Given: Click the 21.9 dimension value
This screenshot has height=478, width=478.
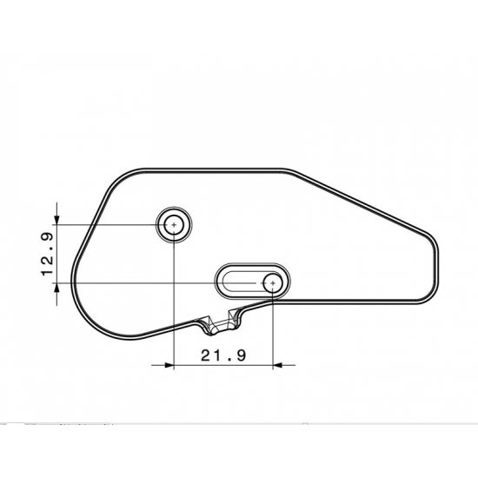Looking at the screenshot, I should point(223,355).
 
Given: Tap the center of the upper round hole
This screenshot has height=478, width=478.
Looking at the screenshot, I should point(173,225).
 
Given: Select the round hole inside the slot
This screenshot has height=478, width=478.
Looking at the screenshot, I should point(273,282).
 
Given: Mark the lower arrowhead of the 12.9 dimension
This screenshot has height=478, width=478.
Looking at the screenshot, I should point(57,289).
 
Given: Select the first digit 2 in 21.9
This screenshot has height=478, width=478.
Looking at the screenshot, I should point(206,355).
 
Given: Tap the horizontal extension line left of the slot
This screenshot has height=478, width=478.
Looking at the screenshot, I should point(130,282).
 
